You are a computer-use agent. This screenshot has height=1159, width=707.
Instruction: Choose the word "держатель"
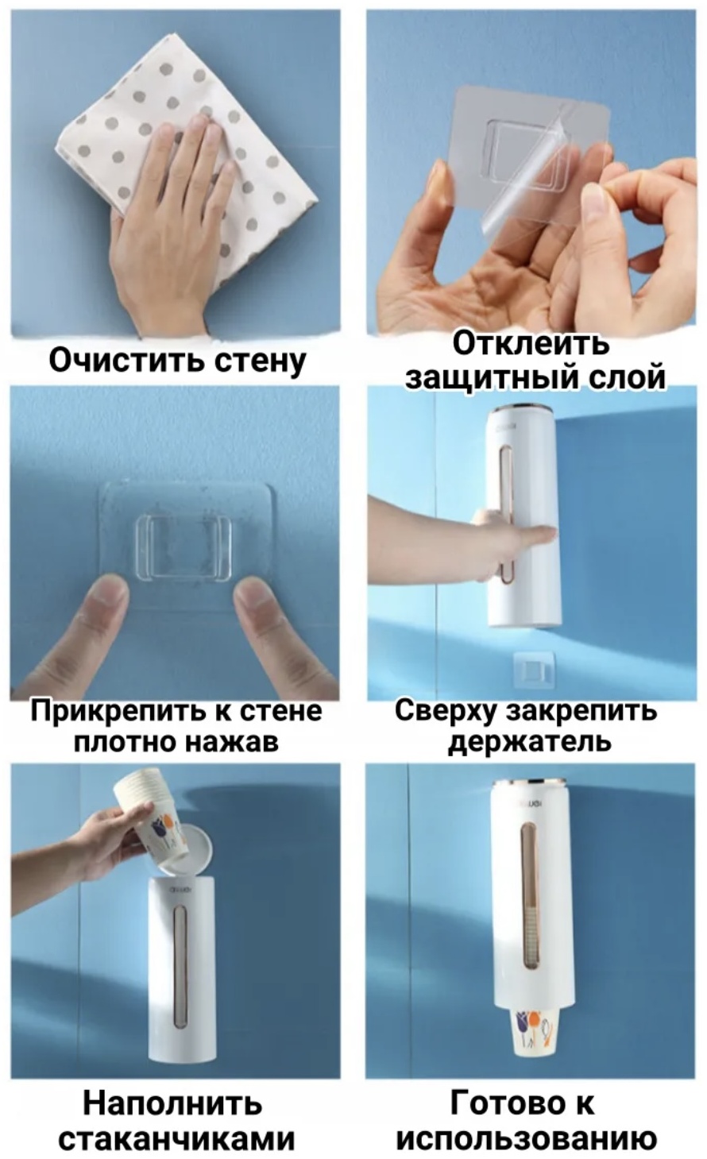point(529,741)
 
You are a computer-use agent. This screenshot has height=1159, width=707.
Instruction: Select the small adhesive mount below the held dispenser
point(533,671)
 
